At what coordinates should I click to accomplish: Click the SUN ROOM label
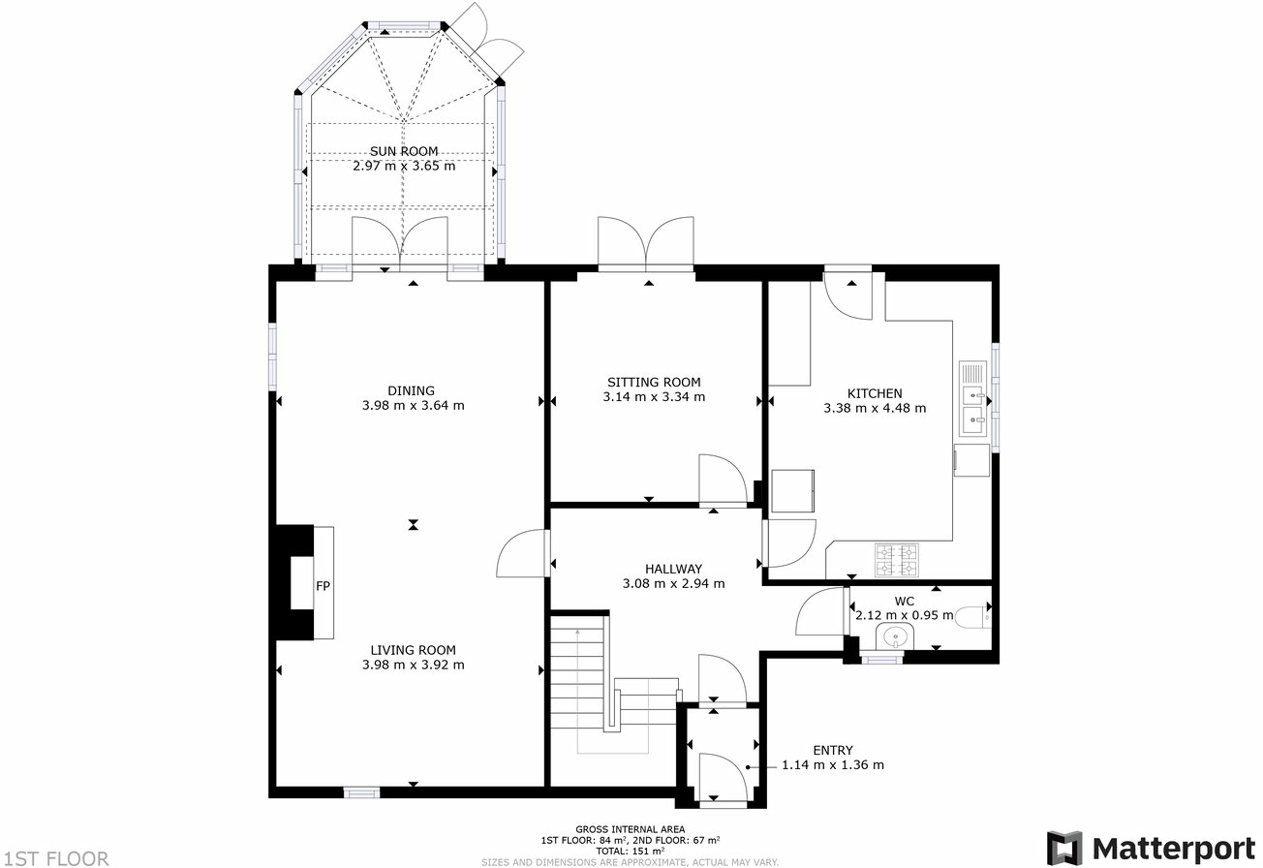(404, 151)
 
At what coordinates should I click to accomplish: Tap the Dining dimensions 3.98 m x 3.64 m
(413, 406)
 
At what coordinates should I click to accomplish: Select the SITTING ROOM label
(654, 382)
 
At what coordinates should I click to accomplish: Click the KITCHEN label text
(875, 393)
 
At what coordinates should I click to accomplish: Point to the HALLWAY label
(673, 569)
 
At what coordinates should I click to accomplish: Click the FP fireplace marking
(323, 586)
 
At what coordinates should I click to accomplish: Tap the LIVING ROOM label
(413, 650)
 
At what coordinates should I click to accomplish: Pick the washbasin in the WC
(895, 637)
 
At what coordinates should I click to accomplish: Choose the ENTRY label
(833, 750)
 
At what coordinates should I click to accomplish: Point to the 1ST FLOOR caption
(55, 857)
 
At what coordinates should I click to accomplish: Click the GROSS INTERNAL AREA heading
(630, 829)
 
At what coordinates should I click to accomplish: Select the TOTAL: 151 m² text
(630, 851)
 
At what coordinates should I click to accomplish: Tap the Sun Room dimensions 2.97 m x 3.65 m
(404, 166)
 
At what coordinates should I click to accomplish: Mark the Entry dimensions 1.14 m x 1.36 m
(833, 764)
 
